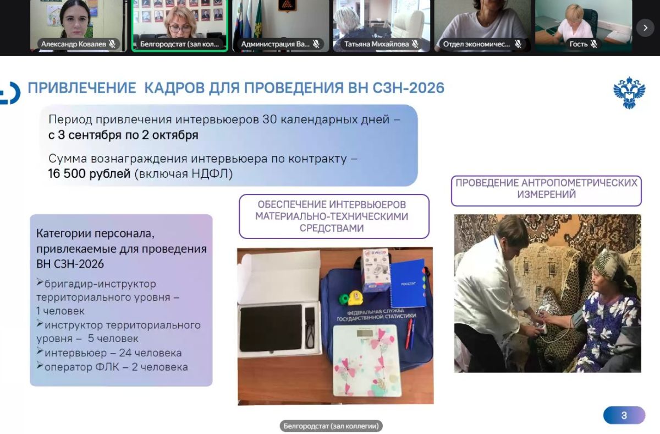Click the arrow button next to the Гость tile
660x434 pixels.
(x=645, y=28)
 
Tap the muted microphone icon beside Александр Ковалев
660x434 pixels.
(x=112, y=44)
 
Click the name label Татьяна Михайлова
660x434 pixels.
(x=376, y=44)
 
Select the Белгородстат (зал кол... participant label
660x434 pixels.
(x=179, y=44)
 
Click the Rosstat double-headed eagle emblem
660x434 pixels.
(x=629, y=93)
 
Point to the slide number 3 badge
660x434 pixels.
(x=624, y=415)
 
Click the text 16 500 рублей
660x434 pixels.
(x=89, y=173)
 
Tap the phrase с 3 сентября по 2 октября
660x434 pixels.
(x=123, y=135)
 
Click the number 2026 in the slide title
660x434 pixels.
(x=426, y=88)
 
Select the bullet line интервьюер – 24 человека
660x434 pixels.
(x=109, y=352)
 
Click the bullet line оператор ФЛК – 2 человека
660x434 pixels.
(x=112, y=367)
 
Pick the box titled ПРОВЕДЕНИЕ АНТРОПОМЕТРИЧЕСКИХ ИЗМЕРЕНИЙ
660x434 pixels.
(x=546, y=191)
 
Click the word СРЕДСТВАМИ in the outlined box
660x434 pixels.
(x=332, y=229)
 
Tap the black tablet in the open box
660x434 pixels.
(x=271, y=328)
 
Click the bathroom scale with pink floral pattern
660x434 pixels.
(x=367, y=360)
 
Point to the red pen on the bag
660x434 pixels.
(x=409, y=334)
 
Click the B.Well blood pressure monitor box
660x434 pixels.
(x=376, y=270)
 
